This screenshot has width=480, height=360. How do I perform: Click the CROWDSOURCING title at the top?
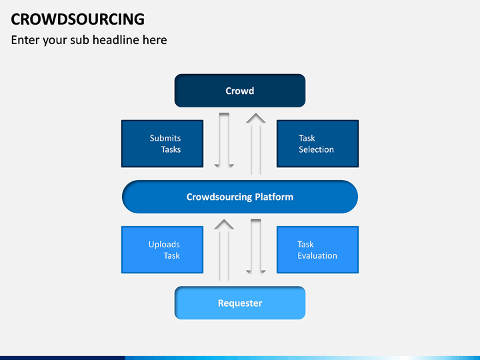point(77,18)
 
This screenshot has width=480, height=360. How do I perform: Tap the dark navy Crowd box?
point(240,91)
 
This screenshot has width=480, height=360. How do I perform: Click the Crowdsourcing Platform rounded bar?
point(240,197)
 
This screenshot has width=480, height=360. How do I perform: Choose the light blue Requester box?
point(240,303)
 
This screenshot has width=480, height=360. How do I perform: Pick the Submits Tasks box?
point(162,143)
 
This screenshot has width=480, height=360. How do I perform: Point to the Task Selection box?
point(317,143)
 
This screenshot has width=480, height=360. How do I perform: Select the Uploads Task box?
point(162,249)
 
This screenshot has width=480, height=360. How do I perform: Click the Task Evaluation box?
point(317,249)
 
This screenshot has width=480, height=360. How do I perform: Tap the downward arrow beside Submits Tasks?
point(224,141)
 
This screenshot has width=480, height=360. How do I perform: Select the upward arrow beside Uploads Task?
point(224,249)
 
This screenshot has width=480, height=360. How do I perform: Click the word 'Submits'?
point(165,138)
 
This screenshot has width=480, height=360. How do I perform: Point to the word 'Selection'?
point(316,149)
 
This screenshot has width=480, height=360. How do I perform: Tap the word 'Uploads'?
point(164,244)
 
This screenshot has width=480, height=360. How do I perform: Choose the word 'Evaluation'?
point(317,255)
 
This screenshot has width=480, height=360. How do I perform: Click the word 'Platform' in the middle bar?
point(273,197)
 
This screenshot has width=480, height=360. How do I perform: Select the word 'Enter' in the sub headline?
point(25,40)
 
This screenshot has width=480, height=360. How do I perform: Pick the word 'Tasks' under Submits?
point(171,149)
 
